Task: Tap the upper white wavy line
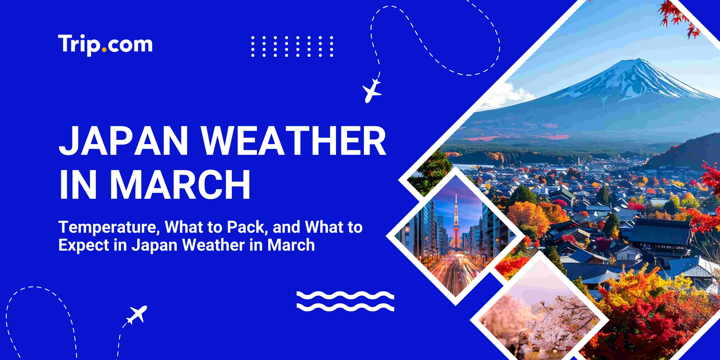(x=345, y=295)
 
